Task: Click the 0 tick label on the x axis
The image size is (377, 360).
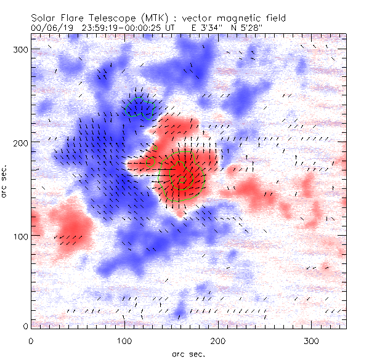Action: click(x=31, y=340)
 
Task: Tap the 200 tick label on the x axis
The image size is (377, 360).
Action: click(x=218, y=340)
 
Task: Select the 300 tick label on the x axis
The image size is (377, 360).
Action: click(x=312, y=340)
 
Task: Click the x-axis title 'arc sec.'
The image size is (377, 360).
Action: click(x=188, y=354)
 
